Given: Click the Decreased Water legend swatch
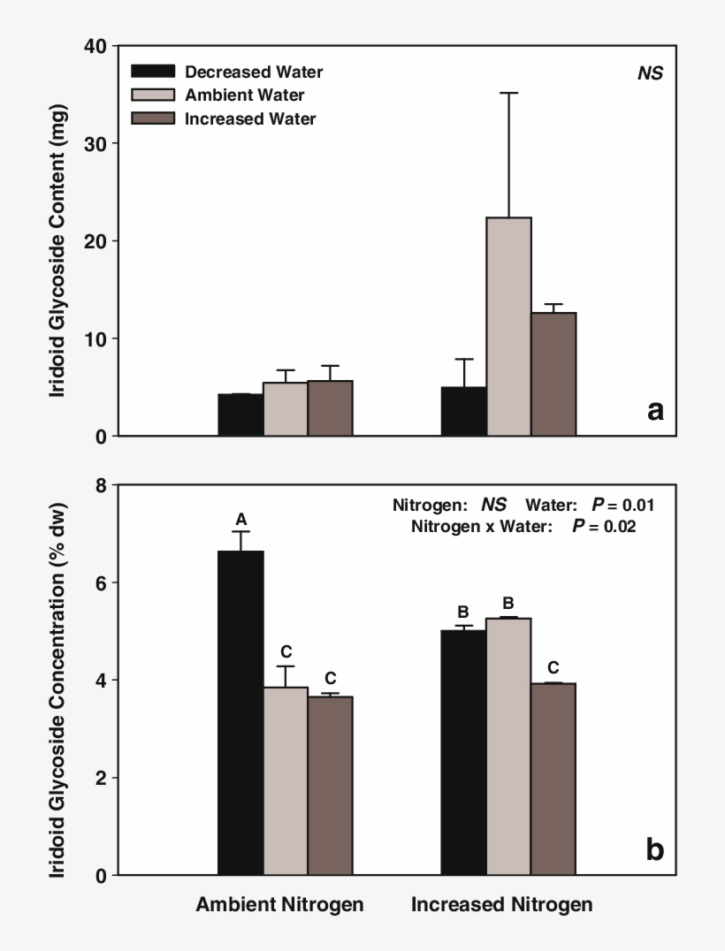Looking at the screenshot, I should coord(152,72).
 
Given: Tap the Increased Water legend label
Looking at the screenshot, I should coord(250,118).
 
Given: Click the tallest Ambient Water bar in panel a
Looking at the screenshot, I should coord(508,326).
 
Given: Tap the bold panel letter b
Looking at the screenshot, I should coord(654,849).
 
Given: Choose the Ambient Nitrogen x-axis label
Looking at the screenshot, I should coord(279,905).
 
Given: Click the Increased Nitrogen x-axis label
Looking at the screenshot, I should coord(501,905).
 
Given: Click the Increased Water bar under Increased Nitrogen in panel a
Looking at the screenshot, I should coord(553,374).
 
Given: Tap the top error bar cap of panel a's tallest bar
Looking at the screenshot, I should coord(508,93).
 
